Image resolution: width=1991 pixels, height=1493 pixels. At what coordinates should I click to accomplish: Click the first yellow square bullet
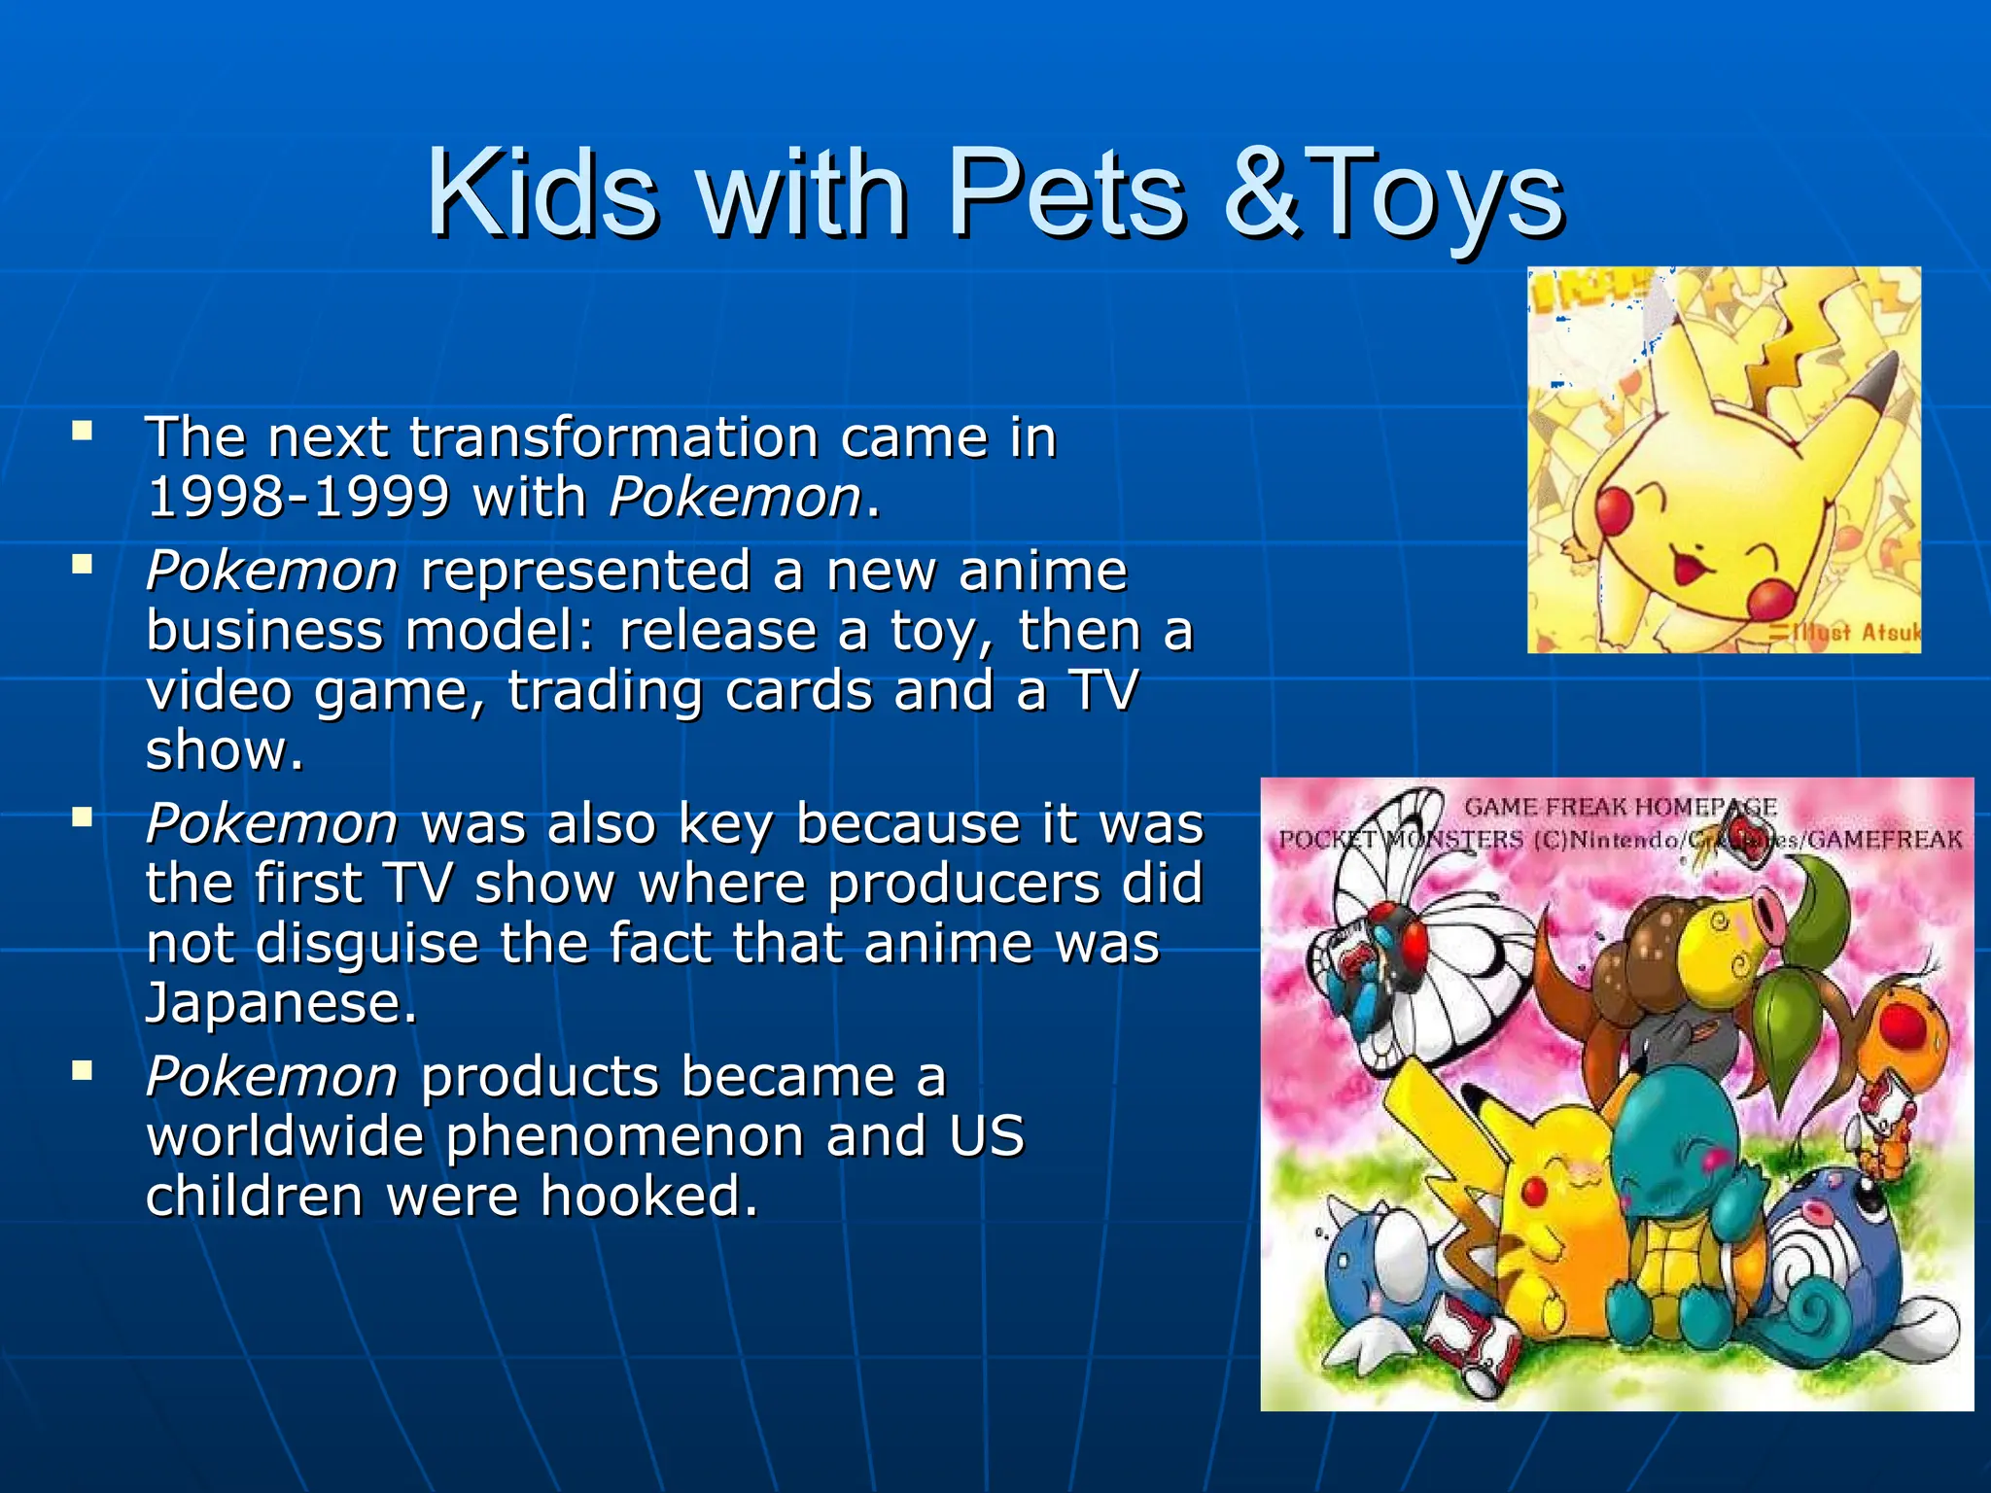point(82,430)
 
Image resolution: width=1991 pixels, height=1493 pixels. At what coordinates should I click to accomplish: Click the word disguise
point(367,943)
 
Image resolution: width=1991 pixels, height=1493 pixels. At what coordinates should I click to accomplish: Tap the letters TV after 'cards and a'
point(1102,690)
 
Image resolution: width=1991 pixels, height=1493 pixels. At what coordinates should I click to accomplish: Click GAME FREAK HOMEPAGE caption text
point(1620,807)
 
